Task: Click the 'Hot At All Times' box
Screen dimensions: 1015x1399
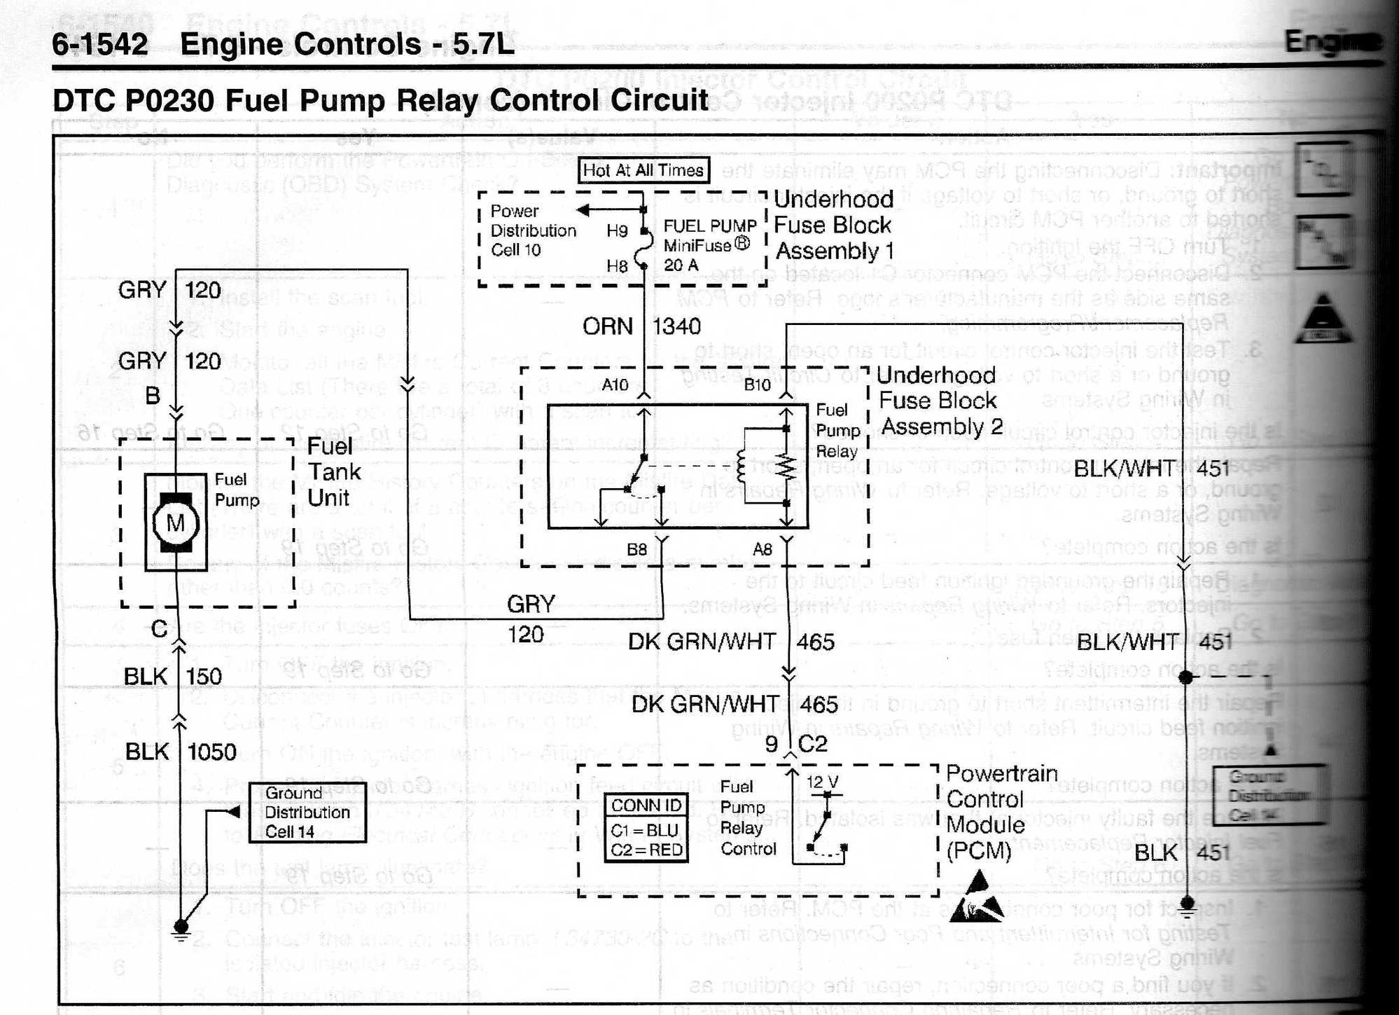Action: pos(643,170)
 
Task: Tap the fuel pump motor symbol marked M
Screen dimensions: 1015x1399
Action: pos(175,523)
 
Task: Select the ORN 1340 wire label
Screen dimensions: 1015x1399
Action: pos(641,326)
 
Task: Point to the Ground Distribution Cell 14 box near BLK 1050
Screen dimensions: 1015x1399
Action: pos(307,812)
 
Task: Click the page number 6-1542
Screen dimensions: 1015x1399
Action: pos(100,45)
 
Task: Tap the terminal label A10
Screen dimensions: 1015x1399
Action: pos(615,385)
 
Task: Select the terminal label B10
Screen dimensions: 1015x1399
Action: pos(757,385)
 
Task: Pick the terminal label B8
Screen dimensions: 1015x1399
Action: pos(636,549)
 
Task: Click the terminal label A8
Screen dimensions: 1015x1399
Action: pos(762,549)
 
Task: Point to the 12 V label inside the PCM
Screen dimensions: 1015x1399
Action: pos(822,782)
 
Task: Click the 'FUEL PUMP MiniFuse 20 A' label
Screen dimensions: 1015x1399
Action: pos(709,245)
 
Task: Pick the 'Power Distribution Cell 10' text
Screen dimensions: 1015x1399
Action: pos(532,230)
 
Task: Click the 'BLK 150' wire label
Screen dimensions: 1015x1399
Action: pos(172,677)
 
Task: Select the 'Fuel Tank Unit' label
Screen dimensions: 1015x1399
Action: pos(334,472)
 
